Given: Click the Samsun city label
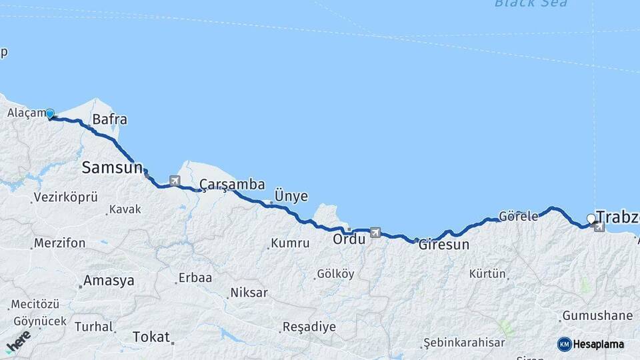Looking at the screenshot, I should point(112,167).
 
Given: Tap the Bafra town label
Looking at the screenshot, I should point(109,120).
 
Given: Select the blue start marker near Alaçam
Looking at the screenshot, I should point(50,113).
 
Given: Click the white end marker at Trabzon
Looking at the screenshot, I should point(591,219).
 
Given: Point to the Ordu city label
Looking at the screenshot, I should point(349,238).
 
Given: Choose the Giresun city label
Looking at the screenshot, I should point(443,245).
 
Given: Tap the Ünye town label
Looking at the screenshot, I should point(291,196).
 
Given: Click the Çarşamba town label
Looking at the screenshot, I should point(233,185).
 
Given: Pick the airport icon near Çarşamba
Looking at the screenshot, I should point(175,180).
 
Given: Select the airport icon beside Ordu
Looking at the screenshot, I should point(375,233).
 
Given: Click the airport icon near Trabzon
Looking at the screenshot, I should point(599,227).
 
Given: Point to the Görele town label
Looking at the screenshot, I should point(519,217).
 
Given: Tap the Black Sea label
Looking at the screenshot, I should point(531,3).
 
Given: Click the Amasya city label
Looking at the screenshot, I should point(109,280).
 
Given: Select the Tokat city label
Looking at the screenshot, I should point(151,337).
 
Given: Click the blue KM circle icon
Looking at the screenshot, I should point(564,344).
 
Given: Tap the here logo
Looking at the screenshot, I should point(18,341).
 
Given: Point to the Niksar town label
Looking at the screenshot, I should point(249,292).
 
